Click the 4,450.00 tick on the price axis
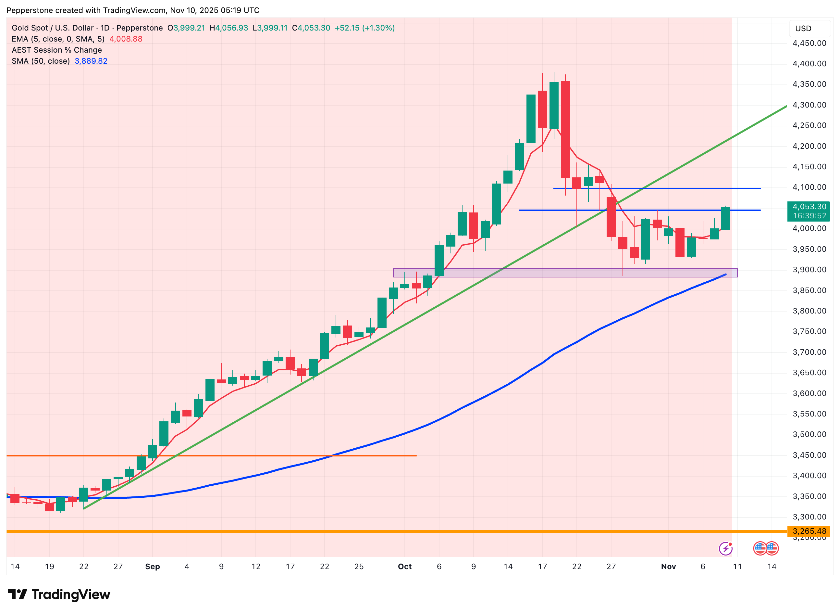[809, 43]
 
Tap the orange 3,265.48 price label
[809, 531]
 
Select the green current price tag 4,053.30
[809, 211]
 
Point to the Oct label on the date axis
[404, 567]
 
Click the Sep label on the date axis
[152, 567]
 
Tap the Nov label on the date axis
[668, 567]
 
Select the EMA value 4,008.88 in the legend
[126, 39]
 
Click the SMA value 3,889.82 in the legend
[91, 61]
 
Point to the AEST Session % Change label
[56, 50]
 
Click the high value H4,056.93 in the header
[229, 28]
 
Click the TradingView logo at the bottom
[59, 595]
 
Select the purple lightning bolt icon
[725, 548]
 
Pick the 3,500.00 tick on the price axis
[809, 434]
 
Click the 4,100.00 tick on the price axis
[809, 187]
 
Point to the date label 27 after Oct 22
[611, 567]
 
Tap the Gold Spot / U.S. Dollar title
[53, 28]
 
